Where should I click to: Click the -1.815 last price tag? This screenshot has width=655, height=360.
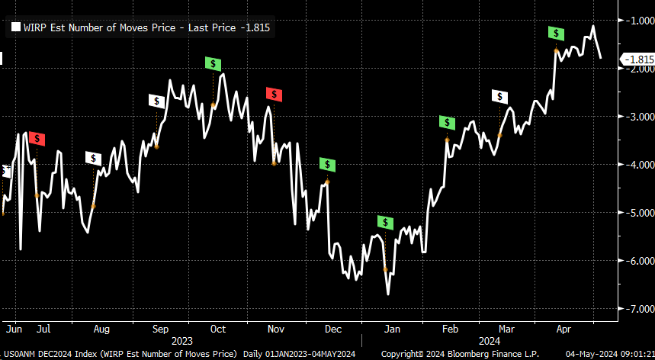click(x=637, y=59)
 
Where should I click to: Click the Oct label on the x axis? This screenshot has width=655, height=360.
click(x=218, y=329)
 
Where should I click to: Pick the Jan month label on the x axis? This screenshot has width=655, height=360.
click(x=391, y=329)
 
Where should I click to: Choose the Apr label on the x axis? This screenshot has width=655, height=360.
click(x=564, y=329)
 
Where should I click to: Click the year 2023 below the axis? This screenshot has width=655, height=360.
click(x=182, y=340)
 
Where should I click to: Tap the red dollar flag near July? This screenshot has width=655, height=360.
click(x=38, y=139)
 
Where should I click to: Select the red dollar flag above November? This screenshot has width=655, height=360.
click(x=274, y=94)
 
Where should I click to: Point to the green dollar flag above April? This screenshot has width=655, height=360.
click(x=557, y=33)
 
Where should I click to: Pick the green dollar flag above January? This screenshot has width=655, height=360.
click(x=385, y=223)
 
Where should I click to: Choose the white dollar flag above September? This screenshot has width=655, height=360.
click(x=156, y=101)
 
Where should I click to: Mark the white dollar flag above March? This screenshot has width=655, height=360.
click(x=499, y=96)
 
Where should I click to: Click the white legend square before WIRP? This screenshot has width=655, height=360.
click(x=15, y=28)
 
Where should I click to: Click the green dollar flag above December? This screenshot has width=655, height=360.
click(x=327, y=164)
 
